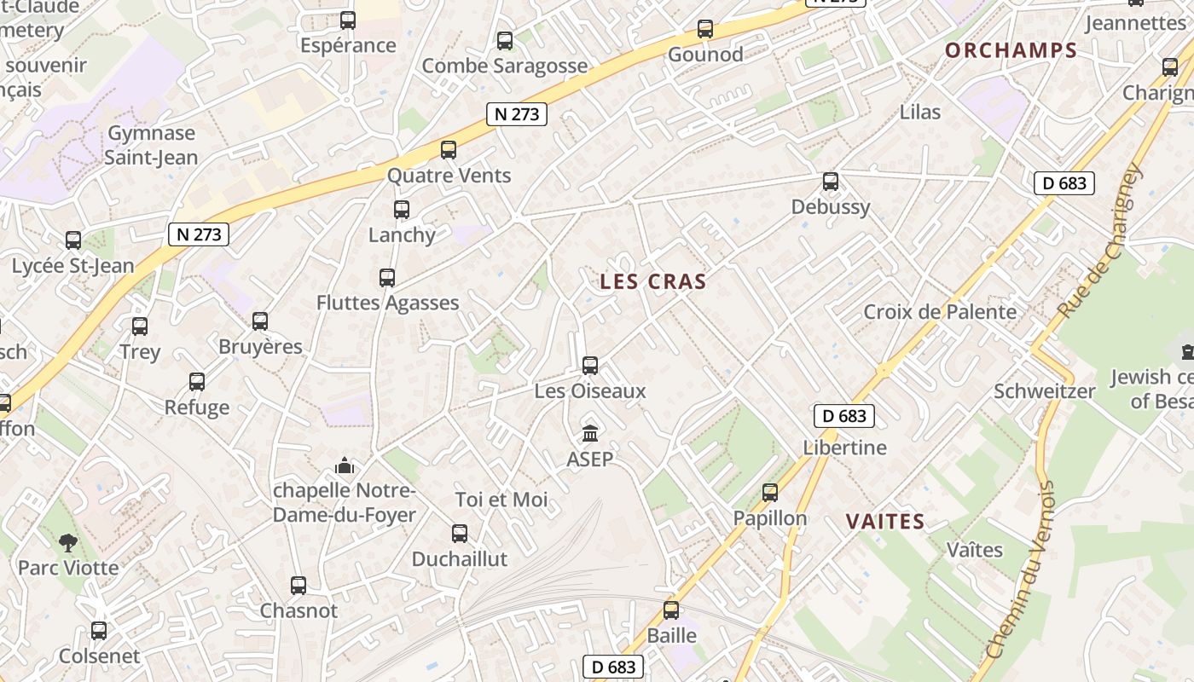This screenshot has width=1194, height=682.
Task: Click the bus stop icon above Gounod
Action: [x=705, y=29]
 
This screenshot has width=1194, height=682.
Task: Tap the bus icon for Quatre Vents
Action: [x=449, y=150]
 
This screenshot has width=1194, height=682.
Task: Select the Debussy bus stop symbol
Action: [x=831, y=182]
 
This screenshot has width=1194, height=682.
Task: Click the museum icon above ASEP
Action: [x=589, y=433]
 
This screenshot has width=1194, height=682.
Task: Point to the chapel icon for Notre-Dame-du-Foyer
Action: [x=345, y=465]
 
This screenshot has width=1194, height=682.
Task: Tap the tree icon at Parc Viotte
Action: [x=68, y=542]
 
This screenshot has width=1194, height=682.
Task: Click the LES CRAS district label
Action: [x=652, y=281]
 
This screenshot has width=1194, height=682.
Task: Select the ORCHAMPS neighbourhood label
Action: [x=1011, y=50]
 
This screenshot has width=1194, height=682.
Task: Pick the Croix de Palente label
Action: [x=940, y=312]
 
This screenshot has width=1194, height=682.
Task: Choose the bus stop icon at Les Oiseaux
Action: [x=589, y=366]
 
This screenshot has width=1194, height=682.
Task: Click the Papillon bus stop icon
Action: [x=770, y=493]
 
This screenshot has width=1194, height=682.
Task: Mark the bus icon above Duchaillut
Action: [x=460, y=534]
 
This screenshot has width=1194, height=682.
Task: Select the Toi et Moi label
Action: [x=501, y=500]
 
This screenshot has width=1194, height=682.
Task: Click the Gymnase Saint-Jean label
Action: [x=151, y=145]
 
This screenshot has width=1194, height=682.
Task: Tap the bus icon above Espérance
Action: [x=348, y=20]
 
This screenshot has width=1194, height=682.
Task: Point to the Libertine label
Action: [x=844, y=448]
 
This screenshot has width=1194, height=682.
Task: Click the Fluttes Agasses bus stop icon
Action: [x=387, y=278]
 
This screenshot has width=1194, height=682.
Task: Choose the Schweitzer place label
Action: [x=1044, y=391]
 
